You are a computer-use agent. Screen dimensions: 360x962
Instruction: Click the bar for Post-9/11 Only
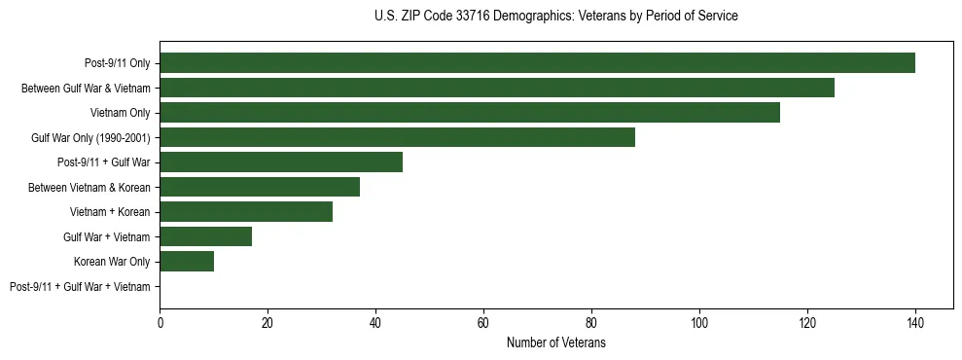coord(537,63)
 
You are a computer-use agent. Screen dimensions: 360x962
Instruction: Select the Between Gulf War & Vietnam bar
coord(497,88)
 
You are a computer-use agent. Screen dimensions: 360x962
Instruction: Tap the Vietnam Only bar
coord(470,113)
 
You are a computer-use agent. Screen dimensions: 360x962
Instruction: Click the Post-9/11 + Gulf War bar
coord(281,162)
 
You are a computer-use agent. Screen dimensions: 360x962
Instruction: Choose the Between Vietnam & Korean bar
coord(260,187)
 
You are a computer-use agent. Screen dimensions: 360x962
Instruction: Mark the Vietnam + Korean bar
coord(246,212)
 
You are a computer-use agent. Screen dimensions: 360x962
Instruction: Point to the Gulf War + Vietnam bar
coord(205,236)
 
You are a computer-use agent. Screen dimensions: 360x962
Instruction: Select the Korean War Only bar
coord(187,262)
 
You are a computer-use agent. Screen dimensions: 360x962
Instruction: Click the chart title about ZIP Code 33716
coord(555,16)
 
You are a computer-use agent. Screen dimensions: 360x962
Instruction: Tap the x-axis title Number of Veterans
coord(555,342)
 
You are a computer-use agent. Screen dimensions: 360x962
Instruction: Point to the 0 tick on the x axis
coord(160,323)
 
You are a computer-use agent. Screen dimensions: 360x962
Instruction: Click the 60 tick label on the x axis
coord(483,323)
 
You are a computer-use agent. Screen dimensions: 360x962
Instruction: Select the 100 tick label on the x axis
coord(698,323)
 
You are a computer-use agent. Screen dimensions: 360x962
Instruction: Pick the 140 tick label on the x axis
coord(914,323)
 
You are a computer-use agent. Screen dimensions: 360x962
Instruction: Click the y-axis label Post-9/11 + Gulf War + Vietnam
coord(80,287)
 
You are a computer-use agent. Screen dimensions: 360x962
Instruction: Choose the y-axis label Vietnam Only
coord(120,113)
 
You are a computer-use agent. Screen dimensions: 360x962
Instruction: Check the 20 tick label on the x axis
coord(267,323)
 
